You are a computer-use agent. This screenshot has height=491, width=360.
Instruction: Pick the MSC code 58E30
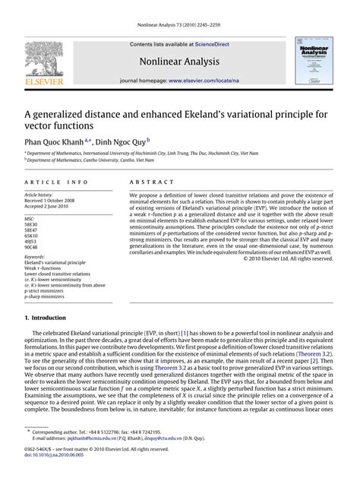click(32, 223)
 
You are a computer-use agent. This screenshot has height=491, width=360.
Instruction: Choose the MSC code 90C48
click(32, 247)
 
